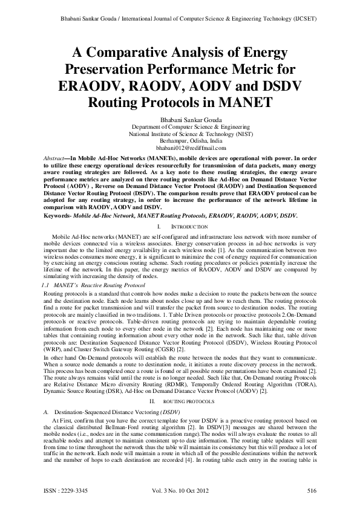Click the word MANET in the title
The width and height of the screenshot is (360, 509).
click(241, 100)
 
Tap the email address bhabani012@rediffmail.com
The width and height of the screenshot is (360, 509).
click(180, 148)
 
